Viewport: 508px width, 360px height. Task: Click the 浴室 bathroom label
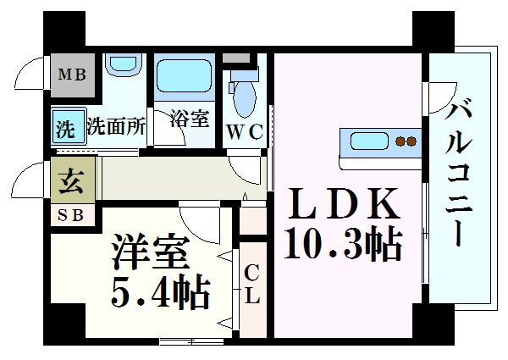click(188, 118)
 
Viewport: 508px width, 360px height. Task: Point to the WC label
click(244, 132)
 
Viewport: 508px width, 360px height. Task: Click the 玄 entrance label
click(70, 181)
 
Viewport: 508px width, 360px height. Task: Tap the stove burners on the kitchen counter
click(406, 141)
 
